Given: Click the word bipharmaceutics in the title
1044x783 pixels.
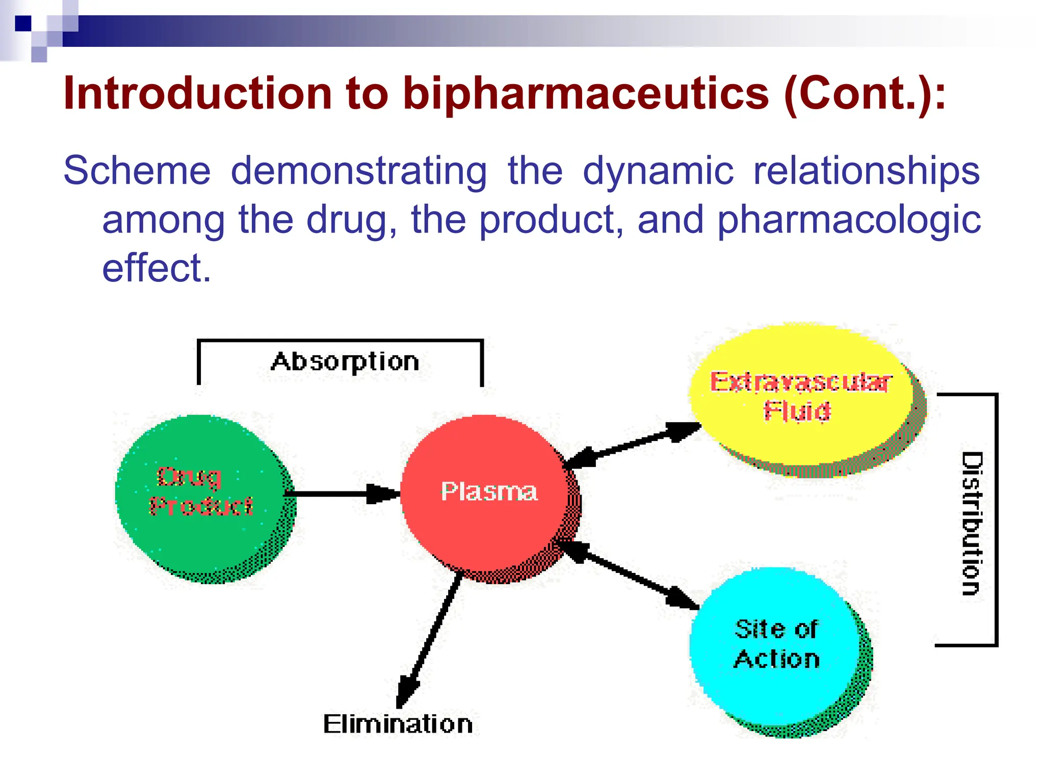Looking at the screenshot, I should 585,94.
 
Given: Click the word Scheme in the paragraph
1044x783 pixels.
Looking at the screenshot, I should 137,171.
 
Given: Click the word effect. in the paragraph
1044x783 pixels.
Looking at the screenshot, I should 156,269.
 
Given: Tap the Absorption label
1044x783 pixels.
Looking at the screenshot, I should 345,362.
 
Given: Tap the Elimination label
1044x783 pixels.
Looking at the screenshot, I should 398,724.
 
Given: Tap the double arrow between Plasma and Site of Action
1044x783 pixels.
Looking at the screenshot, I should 627,573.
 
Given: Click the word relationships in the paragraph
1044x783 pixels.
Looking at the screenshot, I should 866,171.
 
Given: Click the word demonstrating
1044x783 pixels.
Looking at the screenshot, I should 359,171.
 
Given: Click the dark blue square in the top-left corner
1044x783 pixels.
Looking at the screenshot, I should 23,23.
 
